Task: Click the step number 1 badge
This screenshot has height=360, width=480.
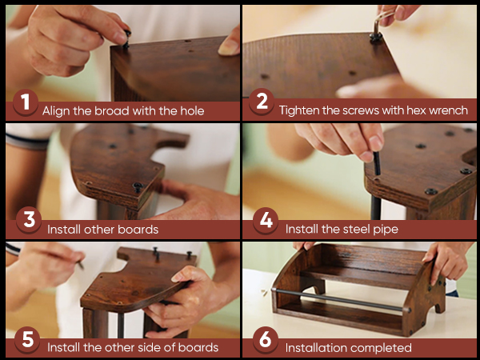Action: [26, 102]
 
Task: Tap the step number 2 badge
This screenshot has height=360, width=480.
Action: [262, 102]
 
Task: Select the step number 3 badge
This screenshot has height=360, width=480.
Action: [29, 220]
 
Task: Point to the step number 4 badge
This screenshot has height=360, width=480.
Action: [266, 221]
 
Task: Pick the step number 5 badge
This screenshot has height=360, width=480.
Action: [27, 339]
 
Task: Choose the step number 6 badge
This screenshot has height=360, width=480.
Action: [266, 339]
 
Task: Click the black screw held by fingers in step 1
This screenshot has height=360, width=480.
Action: [126, 39]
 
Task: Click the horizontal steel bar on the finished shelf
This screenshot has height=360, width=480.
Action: [341, 299]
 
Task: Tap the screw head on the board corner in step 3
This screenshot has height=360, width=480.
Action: [138, 186]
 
